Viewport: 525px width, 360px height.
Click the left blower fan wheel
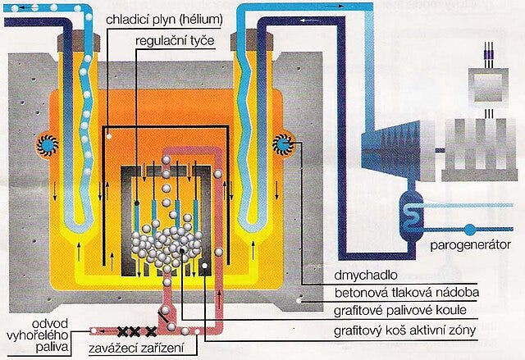tap(45, 145)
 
